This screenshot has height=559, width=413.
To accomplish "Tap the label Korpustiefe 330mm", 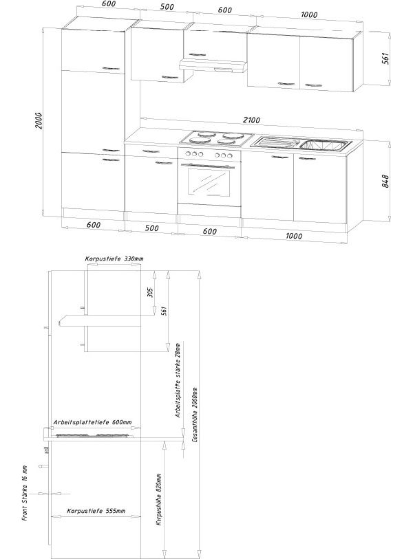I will coord(114,259).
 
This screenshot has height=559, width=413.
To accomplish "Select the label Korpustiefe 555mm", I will coord(96,512).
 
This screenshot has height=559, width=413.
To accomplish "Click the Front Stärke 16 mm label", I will coord(24,494).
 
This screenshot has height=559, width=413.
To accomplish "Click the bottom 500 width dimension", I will coord(151,228).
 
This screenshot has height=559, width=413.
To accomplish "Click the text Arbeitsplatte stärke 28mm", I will coord(177,380).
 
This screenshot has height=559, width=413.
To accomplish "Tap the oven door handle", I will coord(210,165).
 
